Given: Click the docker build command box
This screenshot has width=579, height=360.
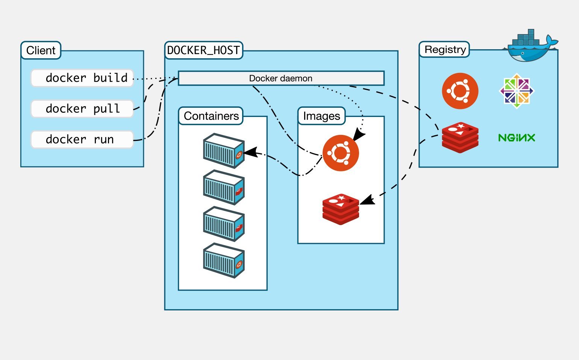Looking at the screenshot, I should (82, 78).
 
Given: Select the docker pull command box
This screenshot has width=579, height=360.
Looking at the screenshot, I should (82, 109).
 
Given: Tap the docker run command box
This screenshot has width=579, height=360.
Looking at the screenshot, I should (82, 140).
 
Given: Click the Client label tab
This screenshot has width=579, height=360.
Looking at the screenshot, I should (41, 50).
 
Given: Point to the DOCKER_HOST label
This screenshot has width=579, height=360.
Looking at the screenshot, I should (203, 50).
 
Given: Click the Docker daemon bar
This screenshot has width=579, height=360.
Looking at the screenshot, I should (281, 78).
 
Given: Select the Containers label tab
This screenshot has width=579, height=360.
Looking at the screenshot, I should (211, 116).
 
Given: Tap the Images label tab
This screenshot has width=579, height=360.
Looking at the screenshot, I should (321, 116).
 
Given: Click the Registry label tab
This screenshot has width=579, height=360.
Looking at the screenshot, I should (445, 50).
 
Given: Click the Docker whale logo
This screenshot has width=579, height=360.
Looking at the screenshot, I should (531, 47).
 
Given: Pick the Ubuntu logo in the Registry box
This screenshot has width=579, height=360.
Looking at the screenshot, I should (460, 91).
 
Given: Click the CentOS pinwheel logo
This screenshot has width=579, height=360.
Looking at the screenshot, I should (517, 91).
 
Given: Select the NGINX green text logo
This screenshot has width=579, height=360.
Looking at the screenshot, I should (517, 138).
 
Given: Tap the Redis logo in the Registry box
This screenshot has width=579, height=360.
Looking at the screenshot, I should (460, 138).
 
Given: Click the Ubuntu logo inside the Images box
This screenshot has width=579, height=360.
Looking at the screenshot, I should (341, 153).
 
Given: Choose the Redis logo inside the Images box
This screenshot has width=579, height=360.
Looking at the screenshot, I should (341, 209).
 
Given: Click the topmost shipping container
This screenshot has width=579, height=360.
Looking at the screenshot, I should (224, 150).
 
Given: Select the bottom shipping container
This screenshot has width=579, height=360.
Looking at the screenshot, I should (224, 260).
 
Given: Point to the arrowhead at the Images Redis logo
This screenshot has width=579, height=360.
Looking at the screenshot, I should (368, 200).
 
